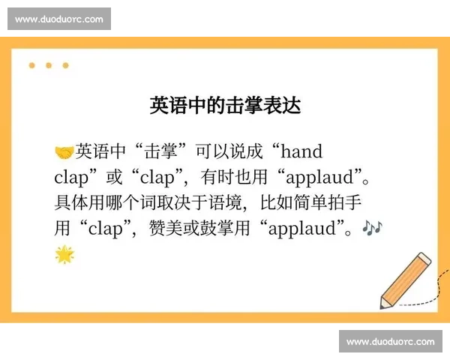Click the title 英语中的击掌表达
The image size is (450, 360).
coord(225,105)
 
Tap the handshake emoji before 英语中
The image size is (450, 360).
coord(64,153)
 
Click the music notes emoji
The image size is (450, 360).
coord(371,226)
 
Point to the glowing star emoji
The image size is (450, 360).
coord(64,255)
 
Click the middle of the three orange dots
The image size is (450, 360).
coord(49,65)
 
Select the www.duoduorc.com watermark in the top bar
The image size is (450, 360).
coord(59,19)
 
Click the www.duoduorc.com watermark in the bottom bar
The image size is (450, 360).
coord(390,342)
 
